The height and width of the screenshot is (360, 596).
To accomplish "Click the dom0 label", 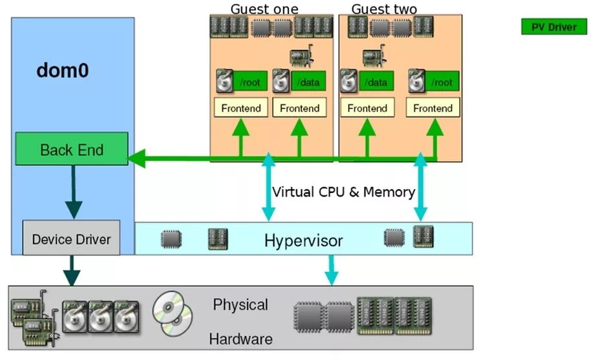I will tap(62, 70).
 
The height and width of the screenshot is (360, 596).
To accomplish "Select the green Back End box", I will tap(71, 150).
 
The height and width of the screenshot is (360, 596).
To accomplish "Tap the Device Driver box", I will tap(71, 239).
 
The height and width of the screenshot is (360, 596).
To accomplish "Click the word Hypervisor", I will tap(303, 242).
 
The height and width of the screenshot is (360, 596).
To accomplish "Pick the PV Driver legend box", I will tap(554, 27).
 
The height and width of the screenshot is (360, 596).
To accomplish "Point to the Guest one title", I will tap(264, 9).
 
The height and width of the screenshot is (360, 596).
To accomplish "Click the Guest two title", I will tap(384, 9).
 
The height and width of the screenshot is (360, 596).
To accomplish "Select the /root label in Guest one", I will tap(250, 82).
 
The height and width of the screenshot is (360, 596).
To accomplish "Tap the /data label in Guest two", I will tap(376, 82).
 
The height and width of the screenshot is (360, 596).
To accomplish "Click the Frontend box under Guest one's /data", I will tap(299, 108).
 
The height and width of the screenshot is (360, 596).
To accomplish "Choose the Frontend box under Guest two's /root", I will tap(433, 108).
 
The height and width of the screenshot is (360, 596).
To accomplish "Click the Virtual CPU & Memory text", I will tap(343, 192).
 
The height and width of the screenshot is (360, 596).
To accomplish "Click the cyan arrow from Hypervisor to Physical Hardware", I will tap(331, 269).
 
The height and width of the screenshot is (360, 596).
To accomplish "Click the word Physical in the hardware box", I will tap(240, 304).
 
